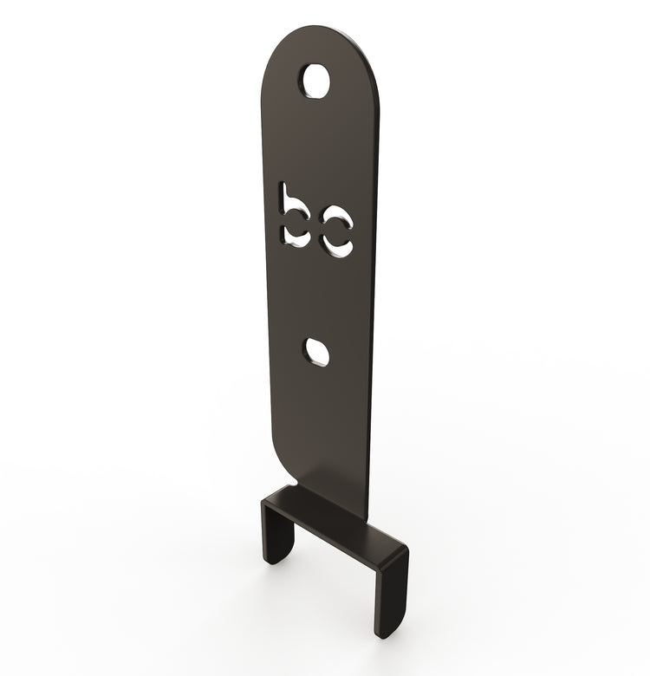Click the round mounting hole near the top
[316, 81]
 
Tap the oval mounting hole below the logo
[317, 351]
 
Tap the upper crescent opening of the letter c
[336, 220]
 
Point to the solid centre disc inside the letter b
[298, 225]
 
